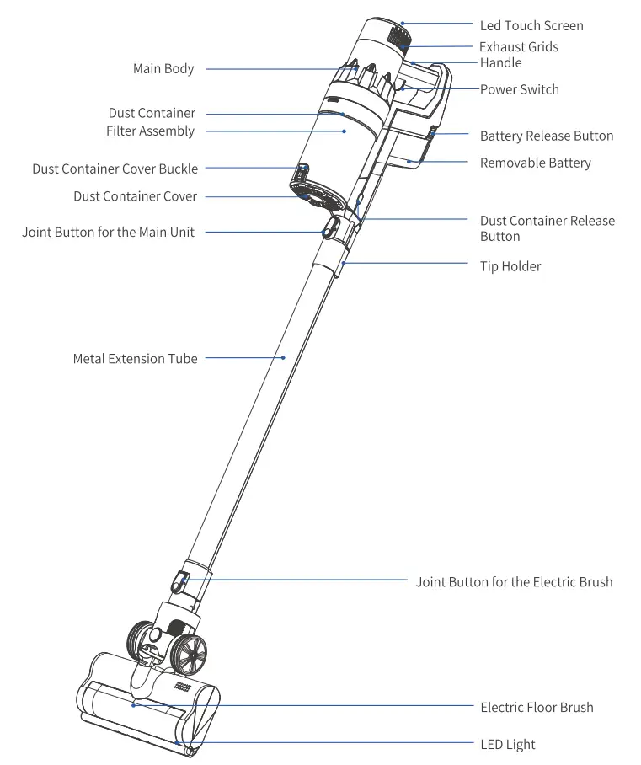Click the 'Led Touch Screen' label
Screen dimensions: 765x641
531,25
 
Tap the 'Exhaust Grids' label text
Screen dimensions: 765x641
519,47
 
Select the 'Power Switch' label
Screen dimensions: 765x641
519,89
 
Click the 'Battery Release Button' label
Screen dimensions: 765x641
547,136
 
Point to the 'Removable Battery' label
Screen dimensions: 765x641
535,163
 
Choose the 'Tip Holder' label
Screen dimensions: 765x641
510,266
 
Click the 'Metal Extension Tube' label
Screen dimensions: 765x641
135,359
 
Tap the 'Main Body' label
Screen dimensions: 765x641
163,69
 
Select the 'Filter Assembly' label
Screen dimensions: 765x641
150,131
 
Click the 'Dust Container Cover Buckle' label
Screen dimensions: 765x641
115,169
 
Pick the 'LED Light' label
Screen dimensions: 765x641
507,744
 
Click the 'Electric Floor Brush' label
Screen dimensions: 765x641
537,707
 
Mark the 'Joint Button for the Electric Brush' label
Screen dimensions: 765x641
514,581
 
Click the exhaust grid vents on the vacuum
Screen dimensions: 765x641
398,40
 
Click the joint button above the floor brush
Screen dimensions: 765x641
181,580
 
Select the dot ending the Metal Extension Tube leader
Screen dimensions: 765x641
284,358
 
